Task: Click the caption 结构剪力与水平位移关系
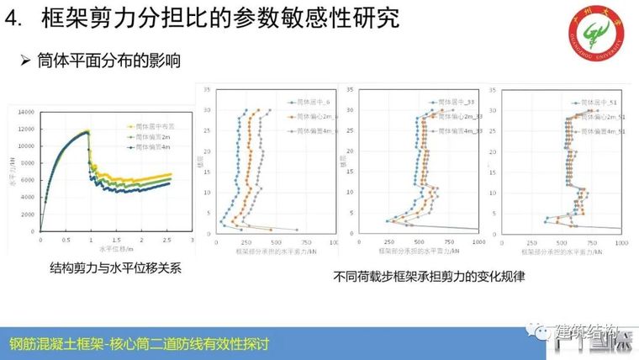pyautogui.click(x=115, y=268)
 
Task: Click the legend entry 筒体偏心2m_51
pyautogui.click(x=602, y=117)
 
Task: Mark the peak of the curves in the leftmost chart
pyautogui.click(x=87, y=131)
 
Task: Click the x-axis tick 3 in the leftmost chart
pyautogui.click(x=191, y=240)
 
